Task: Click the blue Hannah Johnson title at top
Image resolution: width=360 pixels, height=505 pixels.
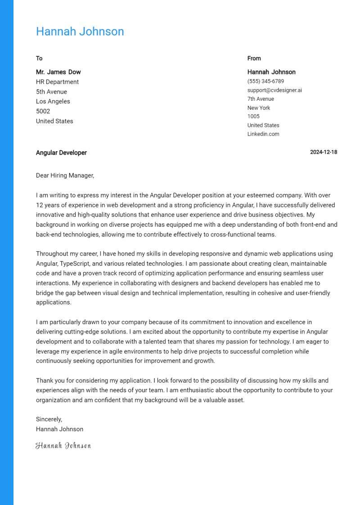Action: pos(80,32)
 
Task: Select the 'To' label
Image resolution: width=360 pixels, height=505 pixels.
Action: pos(39,58)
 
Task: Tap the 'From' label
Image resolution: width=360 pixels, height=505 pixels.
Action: pos(254,58)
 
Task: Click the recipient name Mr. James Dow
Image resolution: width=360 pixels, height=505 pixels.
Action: pos(58,72)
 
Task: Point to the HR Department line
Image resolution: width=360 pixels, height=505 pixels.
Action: pos(57,82)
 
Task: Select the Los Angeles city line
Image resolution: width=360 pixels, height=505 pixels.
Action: pos(53,101)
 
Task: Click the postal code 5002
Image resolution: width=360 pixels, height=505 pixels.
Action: pos(43,111)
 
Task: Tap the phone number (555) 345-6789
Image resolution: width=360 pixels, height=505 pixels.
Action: pos(265,81)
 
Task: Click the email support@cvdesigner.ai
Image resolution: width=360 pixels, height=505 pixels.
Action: pos(274,90)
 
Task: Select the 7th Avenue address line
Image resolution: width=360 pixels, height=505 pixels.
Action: pos(261,99)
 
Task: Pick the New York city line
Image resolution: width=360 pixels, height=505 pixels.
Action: pos(259,108)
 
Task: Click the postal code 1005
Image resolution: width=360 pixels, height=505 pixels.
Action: pos(253,116)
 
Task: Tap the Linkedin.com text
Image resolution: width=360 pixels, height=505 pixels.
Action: pos(263,134)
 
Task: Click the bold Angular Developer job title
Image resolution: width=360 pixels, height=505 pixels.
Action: pos(61,153)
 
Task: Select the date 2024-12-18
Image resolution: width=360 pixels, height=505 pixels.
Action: pos(324,152)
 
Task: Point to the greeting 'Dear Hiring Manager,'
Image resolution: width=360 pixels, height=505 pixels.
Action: pos(65,176)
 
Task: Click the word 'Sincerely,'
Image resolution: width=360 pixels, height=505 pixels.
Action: pos(49,419)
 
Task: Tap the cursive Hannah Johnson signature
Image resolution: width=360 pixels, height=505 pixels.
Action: pos(63,446)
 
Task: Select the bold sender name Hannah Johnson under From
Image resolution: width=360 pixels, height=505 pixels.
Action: pos(271,72)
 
